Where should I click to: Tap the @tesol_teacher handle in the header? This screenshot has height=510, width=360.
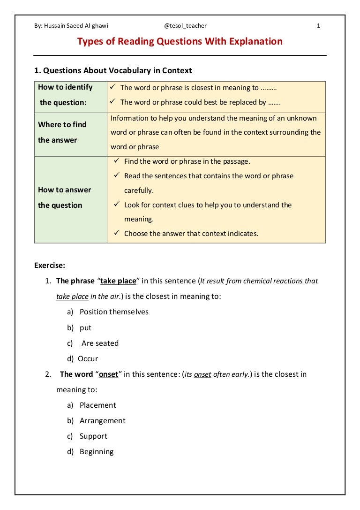pos(186,26)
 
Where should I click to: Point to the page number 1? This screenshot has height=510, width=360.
pos(318,26)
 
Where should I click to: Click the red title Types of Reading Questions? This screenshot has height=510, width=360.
pos(180,42)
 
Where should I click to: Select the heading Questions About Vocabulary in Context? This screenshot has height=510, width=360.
pos(113,71)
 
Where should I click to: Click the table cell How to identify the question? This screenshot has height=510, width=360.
pos(70,95)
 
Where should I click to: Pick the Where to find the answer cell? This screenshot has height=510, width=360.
pos(70,132)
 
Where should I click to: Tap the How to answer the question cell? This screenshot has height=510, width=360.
pos(70,198)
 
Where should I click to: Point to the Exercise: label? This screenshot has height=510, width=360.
pos(50,265)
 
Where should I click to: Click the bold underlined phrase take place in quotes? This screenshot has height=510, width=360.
pos(118,281)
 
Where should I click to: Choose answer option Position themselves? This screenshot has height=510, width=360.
pos(114,312)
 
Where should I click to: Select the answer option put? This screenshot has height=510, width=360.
pos(85,327)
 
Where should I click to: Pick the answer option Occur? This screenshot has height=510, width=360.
pos(88,359)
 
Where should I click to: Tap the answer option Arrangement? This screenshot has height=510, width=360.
pos(102,421)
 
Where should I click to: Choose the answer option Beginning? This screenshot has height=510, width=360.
pos(97,452)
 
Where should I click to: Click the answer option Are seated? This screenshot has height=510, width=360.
pos(100,343)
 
